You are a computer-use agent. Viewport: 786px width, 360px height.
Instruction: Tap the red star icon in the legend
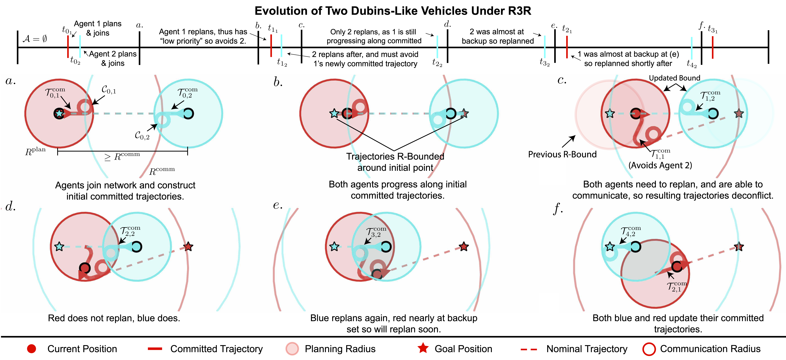(x=423, y=348)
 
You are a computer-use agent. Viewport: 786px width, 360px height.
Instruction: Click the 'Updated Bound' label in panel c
(x=674, y=78)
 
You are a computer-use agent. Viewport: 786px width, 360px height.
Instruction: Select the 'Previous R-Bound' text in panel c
(x=562, y=154)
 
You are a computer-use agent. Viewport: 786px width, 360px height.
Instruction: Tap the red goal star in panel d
(x=188, y=247)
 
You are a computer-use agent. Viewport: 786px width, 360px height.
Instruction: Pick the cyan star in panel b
(x=334, y=113)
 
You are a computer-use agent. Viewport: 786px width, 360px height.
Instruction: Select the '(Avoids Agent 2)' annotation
(x=660, y=165)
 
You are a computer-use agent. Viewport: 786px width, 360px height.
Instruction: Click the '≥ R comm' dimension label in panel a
(x=122, y=156)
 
